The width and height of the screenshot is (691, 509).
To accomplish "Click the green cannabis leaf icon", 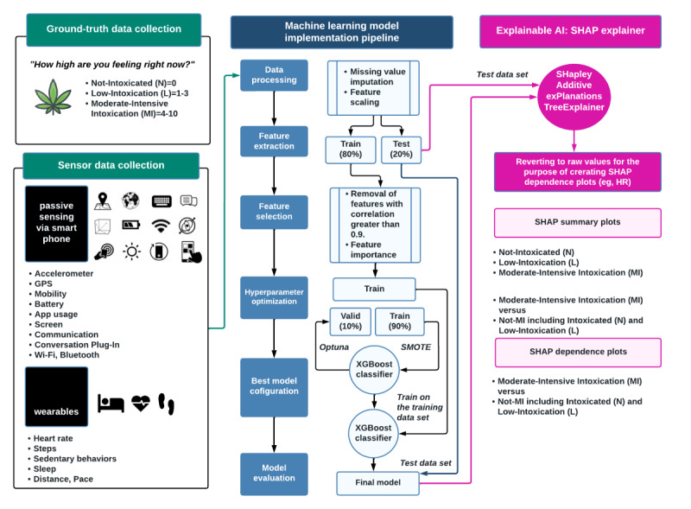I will coord(53,97).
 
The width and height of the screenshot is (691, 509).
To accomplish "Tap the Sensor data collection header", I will coord(112,164).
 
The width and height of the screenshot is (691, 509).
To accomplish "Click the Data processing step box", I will coord(273,75).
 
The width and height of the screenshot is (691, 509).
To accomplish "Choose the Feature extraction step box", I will coord(273,142).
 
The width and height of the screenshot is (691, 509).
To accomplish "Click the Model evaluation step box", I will coord(273,474).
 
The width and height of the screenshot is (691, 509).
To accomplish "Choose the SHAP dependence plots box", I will coord(577,352).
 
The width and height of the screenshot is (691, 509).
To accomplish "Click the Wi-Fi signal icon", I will coord(160,226).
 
